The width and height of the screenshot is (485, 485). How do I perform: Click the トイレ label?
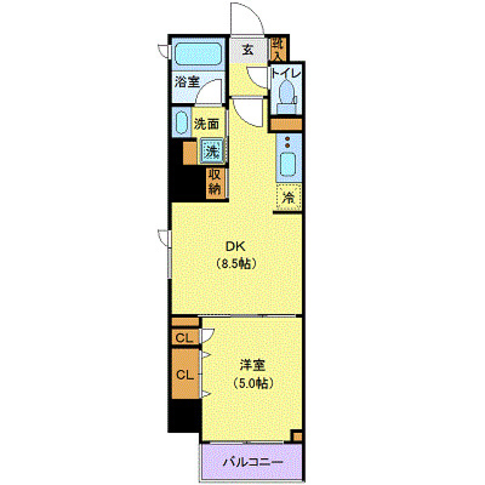[286, 73]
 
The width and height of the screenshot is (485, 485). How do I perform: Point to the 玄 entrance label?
[248, 51]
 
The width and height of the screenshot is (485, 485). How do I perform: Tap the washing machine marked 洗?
[213, 151]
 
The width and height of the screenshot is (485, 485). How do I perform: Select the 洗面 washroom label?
[206, 124]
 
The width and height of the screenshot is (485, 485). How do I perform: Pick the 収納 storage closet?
[214, 182]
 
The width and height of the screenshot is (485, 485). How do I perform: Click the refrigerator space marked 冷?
[289, 198]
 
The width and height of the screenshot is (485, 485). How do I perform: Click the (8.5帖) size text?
[235, 263]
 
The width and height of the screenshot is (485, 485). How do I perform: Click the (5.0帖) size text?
[253, 383]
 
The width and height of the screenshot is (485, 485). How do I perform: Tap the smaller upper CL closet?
[185, 337]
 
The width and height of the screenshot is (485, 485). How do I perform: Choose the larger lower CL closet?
[185, 374]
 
